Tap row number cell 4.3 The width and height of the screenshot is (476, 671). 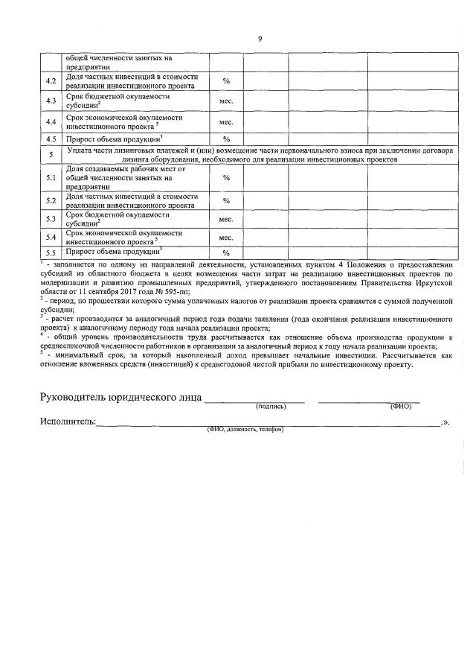pos(51,101)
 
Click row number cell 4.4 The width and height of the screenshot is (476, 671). pos(51,121)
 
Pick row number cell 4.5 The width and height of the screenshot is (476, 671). pos(51,139)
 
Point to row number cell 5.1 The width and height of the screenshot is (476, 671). pos(51,178)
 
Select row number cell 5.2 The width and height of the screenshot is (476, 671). pos(51,200)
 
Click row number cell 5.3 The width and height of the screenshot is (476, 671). pos(51,219)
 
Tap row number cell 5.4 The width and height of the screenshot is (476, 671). pos(51,237)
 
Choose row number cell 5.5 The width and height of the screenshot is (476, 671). pos(51,253)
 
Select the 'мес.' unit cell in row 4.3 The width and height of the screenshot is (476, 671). pos(226,101)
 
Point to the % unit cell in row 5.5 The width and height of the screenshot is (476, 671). pos(226,254)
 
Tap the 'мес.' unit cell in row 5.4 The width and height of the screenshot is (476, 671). pos(226,237)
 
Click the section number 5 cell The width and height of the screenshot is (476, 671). pos(51,155)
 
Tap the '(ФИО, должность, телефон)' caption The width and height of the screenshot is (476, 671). pos(245,430)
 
